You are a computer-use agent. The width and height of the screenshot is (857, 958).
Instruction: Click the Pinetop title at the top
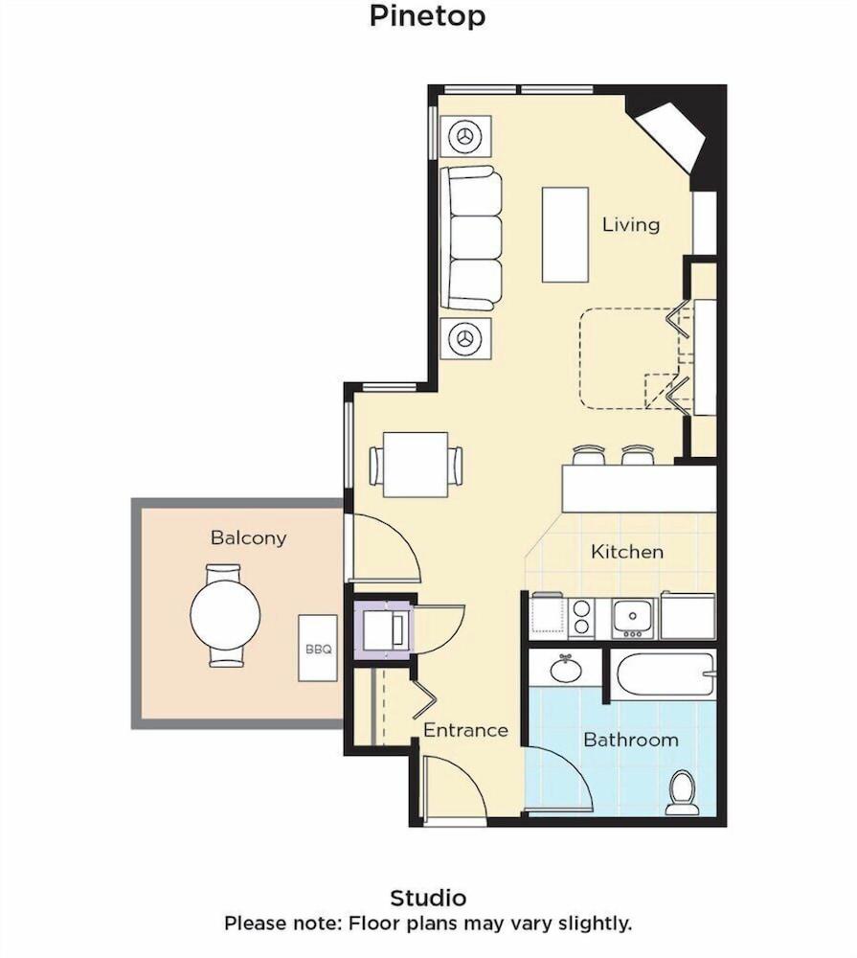[x=427, y=16]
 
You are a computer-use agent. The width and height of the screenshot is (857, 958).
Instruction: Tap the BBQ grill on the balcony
[x=318, y=648]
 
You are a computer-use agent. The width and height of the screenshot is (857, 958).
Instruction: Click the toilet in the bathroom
[x=682, y=792]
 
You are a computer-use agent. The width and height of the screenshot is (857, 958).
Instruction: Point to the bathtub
[x=665, y=674]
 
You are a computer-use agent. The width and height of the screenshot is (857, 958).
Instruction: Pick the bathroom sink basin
[x=566, y=669]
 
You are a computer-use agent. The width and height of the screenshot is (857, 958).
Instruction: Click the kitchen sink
[x=634, y=616]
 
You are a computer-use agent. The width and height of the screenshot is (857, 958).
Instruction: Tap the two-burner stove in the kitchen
[x=581, y=618]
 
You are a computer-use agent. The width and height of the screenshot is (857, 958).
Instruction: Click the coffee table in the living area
[x=565, y=235]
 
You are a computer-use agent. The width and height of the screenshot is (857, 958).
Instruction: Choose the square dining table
[x=416, y=465]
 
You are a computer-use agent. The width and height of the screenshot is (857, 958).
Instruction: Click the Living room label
[x=631, y=225]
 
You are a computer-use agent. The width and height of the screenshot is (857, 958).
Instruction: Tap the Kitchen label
[x=627, y=552]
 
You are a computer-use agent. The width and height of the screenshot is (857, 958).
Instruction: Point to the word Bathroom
[x=631, y=740]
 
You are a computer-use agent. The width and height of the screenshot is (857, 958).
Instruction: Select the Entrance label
[x=465, y=730]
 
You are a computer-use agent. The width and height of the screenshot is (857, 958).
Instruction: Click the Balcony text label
[x=248, y=537]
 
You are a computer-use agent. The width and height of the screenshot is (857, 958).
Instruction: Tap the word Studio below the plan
[x=428, y=898]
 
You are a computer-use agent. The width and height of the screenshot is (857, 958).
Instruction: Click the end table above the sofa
[x=465, y=137]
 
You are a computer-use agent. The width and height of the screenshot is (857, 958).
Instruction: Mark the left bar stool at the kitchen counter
[x=590, y=455]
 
